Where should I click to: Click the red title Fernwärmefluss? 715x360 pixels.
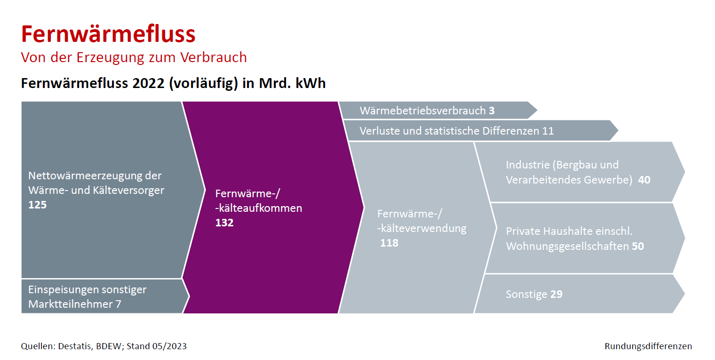click(108, 34)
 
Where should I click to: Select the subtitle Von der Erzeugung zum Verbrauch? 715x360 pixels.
click(134, 57)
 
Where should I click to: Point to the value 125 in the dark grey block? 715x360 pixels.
click(37, 205)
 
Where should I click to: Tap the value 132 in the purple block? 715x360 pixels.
click(224, 223)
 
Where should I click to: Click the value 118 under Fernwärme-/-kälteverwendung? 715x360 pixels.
click(389, 243)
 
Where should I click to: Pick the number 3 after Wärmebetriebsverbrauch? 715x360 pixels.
click(492, 111)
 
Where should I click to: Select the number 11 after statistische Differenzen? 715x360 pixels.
click(548, 131)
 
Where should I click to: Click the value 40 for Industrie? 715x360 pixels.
click(644, 180)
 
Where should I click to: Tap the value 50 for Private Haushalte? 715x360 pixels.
click(638, 246)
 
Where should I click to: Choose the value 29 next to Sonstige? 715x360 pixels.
click(556, 294)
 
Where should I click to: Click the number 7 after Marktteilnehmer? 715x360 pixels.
click(119, 304)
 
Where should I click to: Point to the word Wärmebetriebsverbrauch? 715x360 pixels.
click(422, 111)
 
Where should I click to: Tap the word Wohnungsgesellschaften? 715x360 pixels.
click(567, 246)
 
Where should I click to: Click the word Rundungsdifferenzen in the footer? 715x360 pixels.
click(648, 346)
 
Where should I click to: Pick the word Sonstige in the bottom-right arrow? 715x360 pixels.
click(527, 295)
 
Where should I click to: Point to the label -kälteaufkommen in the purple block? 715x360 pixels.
click(259, 208)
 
